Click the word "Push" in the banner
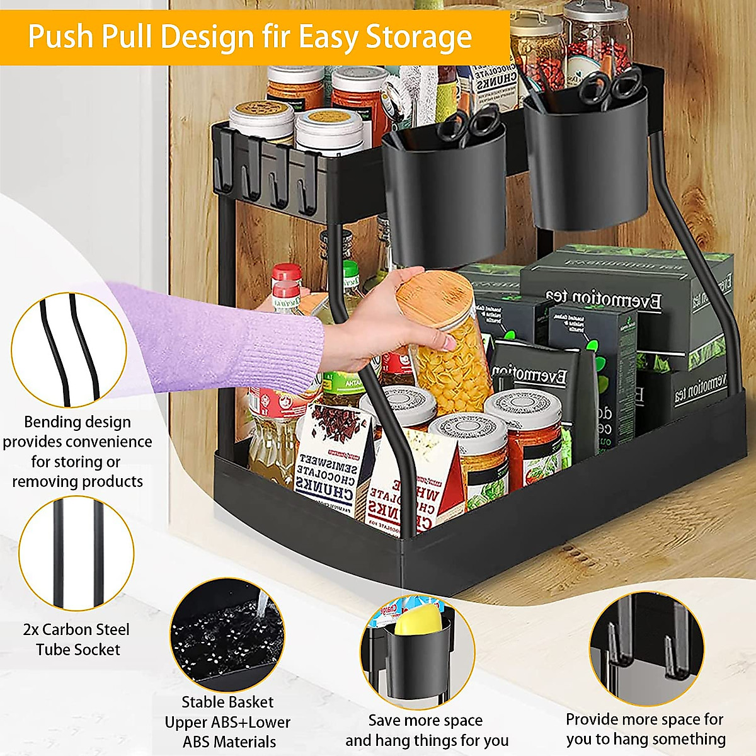point(59,37)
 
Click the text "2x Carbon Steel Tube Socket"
point(76,639)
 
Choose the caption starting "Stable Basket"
point(228,721)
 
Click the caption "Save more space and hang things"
point(427,730)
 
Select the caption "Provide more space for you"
point(645,728)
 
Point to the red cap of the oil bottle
point(286,272)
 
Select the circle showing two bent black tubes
point(69,350)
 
